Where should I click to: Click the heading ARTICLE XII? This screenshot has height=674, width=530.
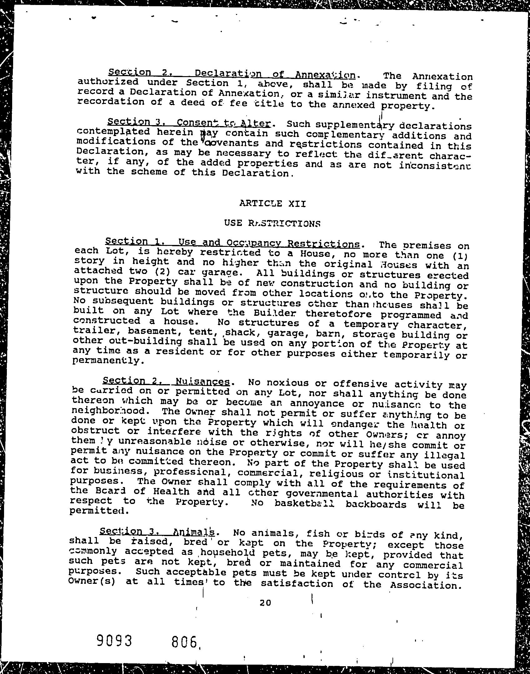point(272,204)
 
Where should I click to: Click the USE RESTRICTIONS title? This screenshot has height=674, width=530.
point(272,223)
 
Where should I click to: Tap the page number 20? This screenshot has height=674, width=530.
point(265,603)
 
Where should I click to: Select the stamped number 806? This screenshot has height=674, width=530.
point(185,642)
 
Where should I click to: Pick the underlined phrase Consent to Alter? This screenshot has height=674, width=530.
point(223,123)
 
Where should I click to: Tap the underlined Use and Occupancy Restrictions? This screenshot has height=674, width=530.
point(269,243)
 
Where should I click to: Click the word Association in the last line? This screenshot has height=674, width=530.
point(426,584)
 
